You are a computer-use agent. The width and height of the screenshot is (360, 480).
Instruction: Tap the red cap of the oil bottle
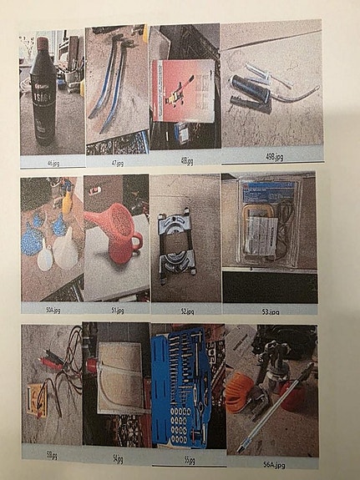click(41, 43)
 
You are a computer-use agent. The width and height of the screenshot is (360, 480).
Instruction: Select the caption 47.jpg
click(118, 164)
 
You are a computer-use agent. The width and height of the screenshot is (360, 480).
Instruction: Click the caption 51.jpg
click(117, 310)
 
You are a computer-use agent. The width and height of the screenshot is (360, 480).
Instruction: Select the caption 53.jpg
click(269, 311)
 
